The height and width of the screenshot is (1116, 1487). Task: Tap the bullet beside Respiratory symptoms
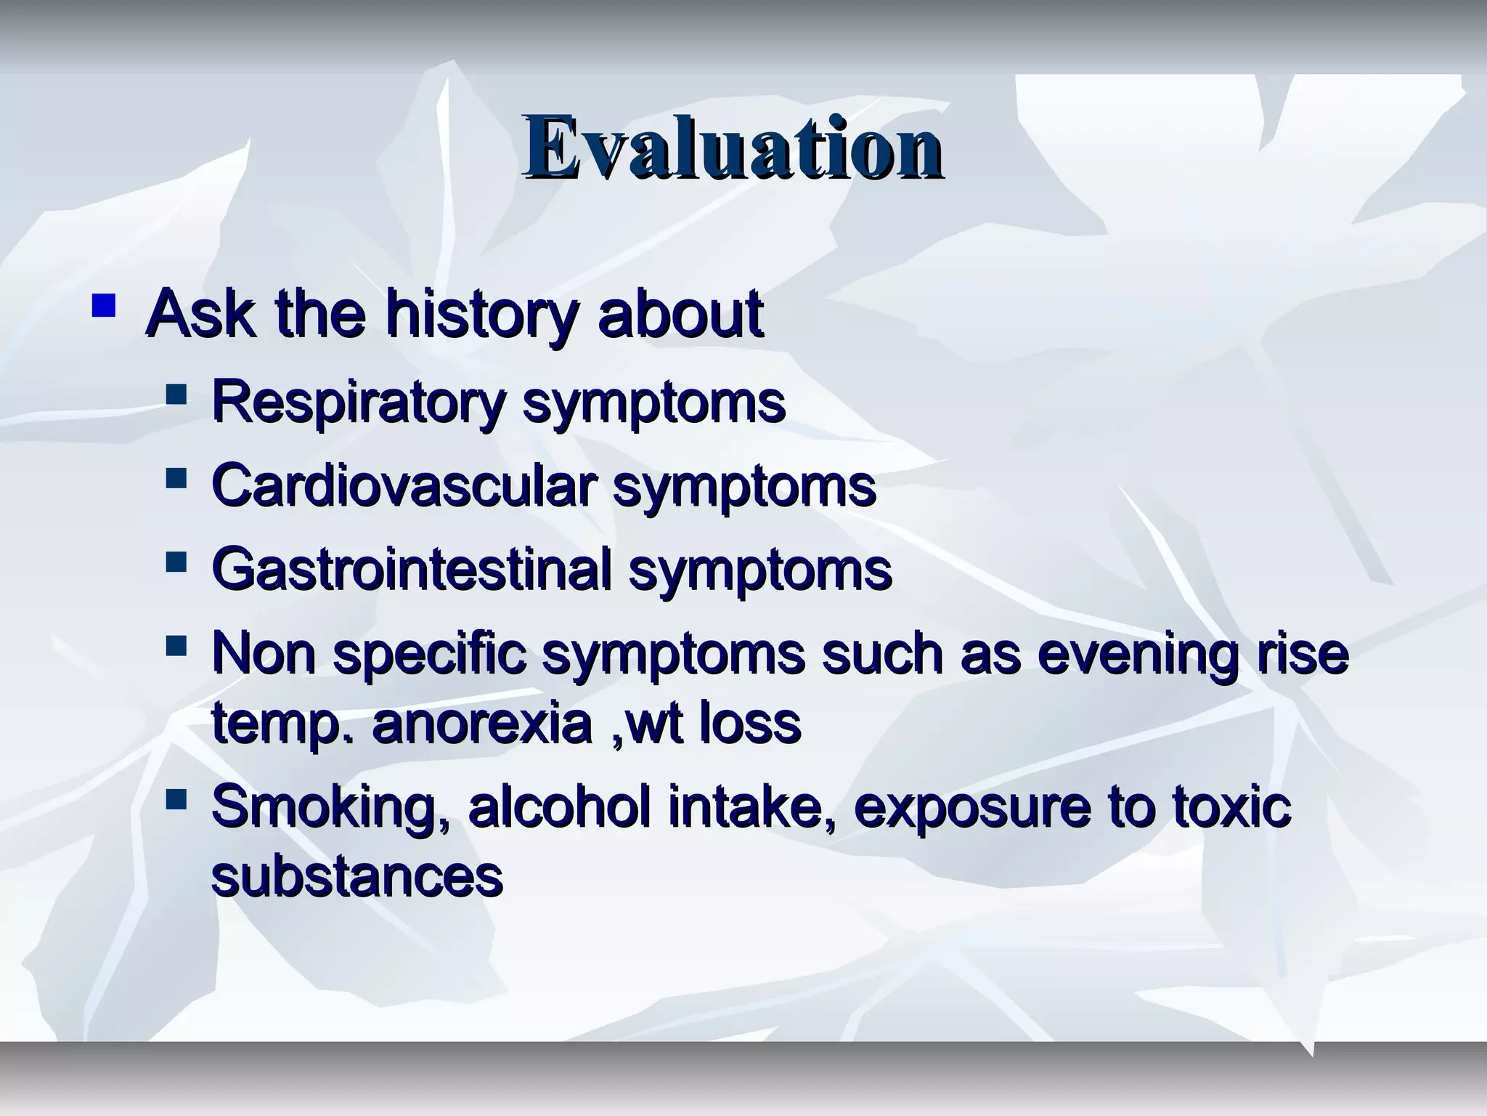pyautogui.click(x=176, y=395)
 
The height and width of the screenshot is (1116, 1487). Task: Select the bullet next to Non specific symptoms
pyautogui.click(x=176, y=645)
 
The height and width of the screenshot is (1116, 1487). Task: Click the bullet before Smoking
pyautogui.click(x=176, y=801)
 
